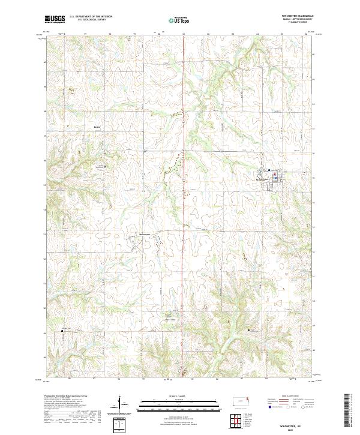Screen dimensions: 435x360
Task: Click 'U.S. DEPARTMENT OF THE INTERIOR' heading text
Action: click(91, 17)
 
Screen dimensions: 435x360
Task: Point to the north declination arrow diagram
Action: click(121, 406)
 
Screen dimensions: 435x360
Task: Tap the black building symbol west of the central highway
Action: click(105, 166)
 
